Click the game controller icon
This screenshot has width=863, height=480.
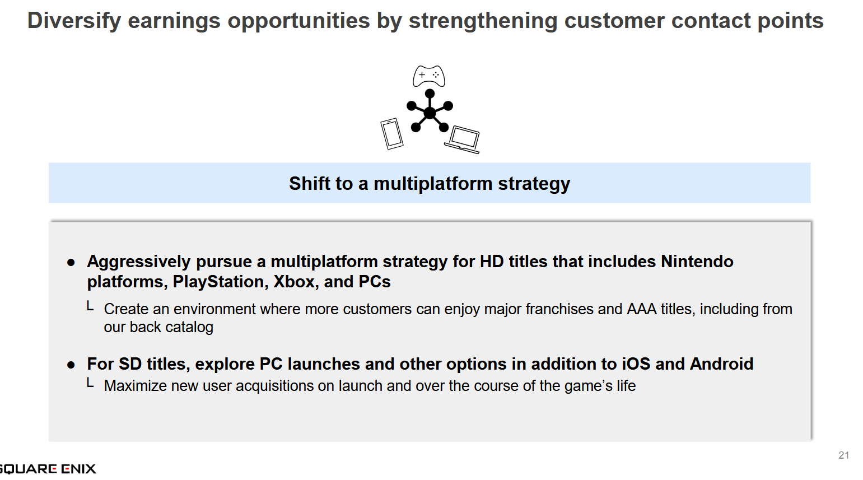point(429,76)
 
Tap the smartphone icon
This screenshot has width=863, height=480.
point(392,134)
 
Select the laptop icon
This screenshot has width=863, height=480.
point(463,139)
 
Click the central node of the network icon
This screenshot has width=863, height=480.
point(430,113)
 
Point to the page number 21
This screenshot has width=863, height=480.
point(843,455)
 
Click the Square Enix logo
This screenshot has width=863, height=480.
point(47,469)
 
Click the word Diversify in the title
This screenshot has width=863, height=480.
point(74,21)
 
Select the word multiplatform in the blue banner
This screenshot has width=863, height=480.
point(433,183)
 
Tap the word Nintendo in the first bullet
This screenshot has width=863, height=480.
point(697,262)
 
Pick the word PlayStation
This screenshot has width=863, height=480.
point(221,282)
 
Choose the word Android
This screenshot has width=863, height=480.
point(721,364)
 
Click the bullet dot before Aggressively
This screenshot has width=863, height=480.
point(71,263)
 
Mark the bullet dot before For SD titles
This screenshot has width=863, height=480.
point(71,365)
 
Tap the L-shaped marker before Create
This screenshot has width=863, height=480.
point(90,306)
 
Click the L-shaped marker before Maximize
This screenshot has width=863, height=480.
point(90,383)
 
